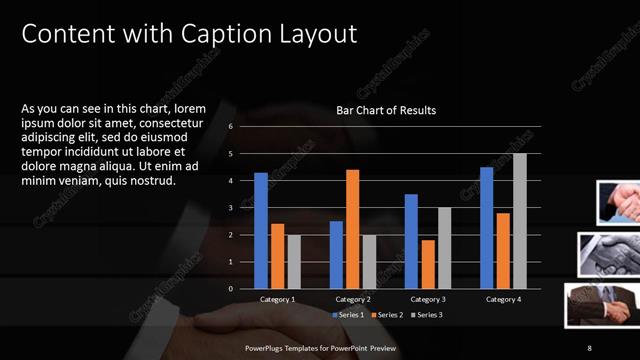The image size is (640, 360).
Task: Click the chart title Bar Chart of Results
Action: click(385, 110)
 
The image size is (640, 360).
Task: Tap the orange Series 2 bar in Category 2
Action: click(352, 229)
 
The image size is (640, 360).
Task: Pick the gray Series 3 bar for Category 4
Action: click(519, 221)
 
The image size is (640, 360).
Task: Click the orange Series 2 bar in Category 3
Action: click(428, 264)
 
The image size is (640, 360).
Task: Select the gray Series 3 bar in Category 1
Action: click(293, 262)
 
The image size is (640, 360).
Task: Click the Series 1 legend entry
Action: click(351, 315)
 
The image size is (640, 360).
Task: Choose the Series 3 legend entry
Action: click(425, 315)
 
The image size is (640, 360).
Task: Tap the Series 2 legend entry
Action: click(388, 315)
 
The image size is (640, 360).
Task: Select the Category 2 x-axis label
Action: click(352, 299)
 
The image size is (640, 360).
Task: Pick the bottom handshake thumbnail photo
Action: click(600, 305)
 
